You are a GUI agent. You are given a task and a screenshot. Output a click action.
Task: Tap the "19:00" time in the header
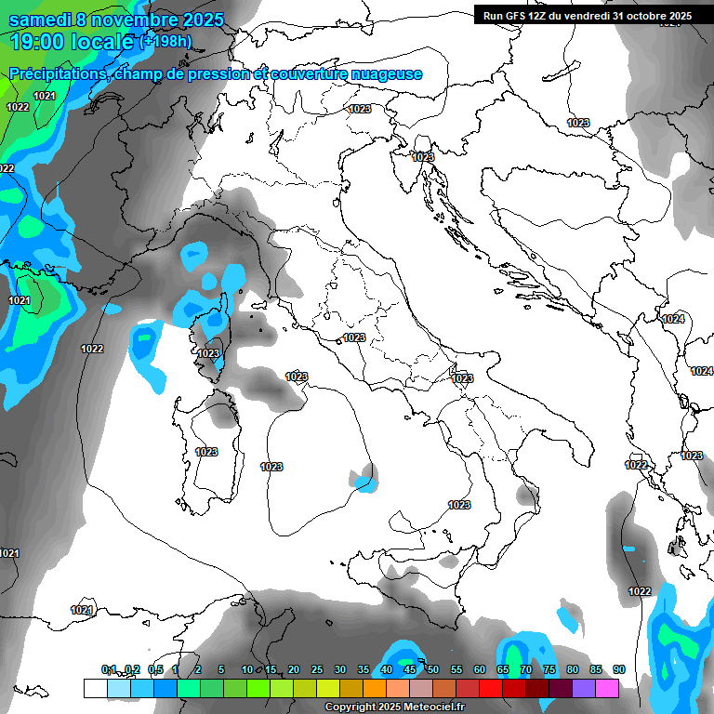36,41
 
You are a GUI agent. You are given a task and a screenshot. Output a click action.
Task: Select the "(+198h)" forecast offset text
168,41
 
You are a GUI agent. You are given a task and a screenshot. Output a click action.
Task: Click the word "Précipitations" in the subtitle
57,73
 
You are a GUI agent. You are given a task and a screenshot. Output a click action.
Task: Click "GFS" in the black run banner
522,15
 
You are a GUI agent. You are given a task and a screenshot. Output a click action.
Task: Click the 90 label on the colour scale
618,669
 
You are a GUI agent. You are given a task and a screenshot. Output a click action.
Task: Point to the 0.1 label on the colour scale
109,669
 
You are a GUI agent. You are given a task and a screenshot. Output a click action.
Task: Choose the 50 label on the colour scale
433,669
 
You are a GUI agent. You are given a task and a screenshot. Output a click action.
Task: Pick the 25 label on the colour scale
317,669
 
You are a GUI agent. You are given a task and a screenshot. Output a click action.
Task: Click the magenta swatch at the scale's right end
607,688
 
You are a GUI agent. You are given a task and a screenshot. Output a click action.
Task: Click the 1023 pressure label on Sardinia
206,452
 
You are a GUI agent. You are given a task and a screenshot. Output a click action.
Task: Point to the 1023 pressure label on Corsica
208,353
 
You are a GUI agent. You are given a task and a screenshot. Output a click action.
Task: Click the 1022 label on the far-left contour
92,349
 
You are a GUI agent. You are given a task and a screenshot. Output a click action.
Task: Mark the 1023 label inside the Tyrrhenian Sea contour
271,467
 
